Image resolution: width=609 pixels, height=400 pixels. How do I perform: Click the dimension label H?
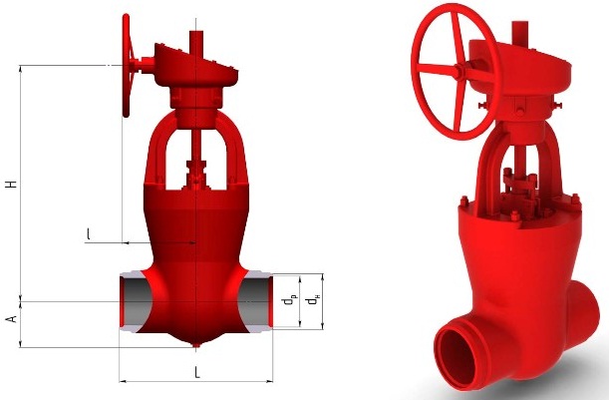[13, 184]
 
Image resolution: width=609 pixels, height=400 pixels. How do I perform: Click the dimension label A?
[13, 319]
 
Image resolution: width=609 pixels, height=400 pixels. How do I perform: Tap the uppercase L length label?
[197, 373]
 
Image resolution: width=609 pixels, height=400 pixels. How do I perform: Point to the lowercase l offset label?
[89, 233]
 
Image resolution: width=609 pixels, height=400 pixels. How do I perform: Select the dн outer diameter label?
[312, 301]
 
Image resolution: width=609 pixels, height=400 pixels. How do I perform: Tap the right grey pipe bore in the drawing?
[255, 301]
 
